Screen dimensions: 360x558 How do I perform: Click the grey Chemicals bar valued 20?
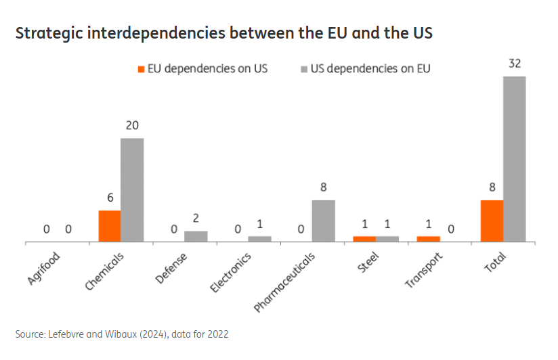(132, 189)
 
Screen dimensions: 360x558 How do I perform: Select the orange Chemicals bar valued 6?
(110, 226)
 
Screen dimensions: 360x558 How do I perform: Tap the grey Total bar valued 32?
(515, 158)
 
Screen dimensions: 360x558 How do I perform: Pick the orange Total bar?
(492, 221)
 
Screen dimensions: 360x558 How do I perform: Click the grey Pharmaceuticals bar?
(323, 221)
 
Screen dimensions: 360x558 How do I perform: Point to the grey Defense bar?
(196, 236)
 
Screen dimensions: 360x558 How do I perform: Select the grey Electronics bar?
(259, 239)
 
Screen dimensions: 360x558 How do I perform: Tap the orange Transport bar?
(428, 239)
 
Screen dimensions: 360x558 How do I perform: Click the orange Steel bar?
(364, 239)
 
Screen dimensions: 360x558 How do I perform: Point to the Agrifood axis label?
(45, 268)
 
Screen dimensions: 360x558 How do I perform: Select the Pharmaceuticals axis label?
(285, 282)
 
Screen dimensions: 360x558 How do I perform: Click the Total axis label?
(496, 261)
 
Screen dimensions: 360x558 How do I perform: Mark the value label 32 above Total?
(515, 64)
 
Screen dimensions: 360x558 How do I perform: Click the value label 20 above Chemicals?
(132, 126)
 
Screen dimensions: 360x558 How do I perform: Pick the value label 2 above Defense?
(196, 219)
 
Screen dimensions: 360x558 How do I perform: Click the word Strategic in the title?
(49, 33)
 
